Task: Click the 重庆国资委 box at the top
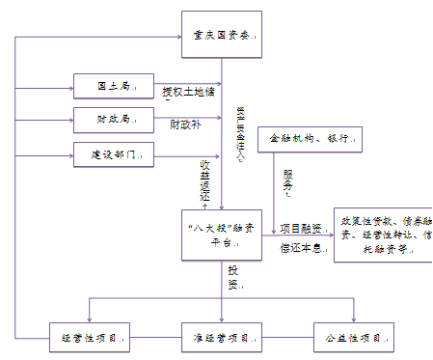(221, 35)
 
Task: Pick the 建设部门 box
(114, 153)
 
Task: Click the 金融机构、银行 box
(309, 139)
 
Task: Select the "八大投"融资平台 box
(221, 235)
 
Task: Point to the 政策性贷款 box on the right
(382, 235)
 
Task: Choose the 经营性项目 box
(90, 339)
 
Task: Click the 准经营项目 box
(221, 339)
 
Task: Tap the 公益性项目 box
(354, 339)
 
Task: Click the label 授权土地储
(187, 93)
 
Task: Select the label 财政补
(185, 125)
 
